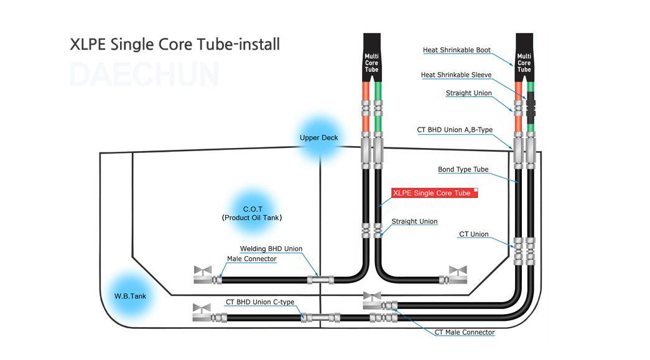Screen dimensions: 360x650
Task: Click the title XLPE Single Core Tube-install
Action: pyautogui.click(x=175, y=45)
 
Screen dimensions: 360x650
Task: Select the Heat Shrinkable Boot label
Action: pyautogui.click(x=457, y=50)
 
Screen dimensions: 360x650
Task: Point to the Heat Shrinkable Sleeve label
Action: pyautogui.click(x=456, y=75)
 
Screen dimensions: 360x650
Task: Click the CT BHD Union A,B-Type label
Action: pyautogui.click(x=454, y=130)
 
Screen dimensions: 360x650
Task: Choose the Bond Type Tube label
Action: pyautogui.click(x=463, y=169)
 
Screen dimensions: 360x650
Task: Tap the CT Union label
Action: pyautogui.click(x=473, y=234)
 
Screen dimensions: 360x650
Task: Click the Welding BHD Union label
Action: pyautogui.click(x=271, y=249)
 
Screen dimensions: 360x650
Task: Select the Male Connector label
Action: pyautogui.click(x=251, y=259)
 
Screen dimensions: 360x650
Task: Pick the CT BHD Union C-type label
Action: pyautogui.click(x=259, y=302)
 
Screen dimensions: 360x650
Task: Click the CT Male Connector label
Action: pyautogui.click(x=464, y=332)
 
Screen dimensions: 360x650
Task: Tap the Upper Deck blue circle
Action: pyautogui.click(x=318, y=138)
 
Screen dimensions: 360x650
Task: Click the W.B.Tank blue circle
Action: pyautogui.click(x=130, y=296)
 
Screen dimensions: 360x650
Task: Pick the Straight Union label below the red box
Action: pyautogui.click(x=414, y=221)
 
